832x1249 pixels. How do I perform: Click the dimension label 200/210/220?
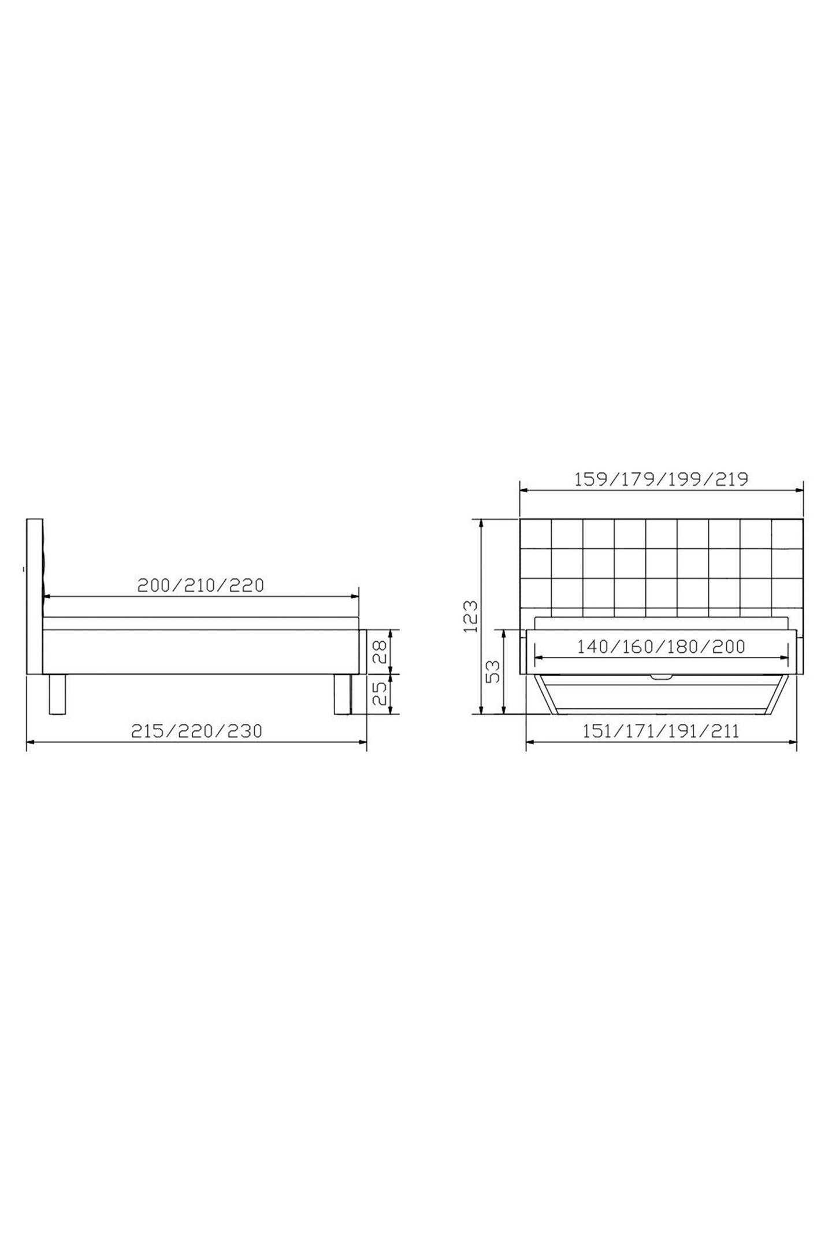click(200, 585)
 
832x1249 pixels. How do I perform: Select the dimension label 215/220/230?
click(196, 731)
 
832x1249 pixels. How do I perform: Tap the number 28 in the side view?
click(378, 651)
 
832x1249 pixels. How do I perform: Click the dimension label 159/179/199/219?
click(661, 479)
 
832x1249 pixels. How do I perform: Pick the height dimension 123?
click(471, 616)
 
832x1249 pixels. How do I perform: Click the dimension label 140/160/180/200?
click(661, 646)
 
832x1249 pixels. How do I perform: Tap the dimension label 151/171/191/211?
click(661, 731)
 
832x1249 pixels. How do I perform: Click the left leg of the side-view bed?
click(57, 694)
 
